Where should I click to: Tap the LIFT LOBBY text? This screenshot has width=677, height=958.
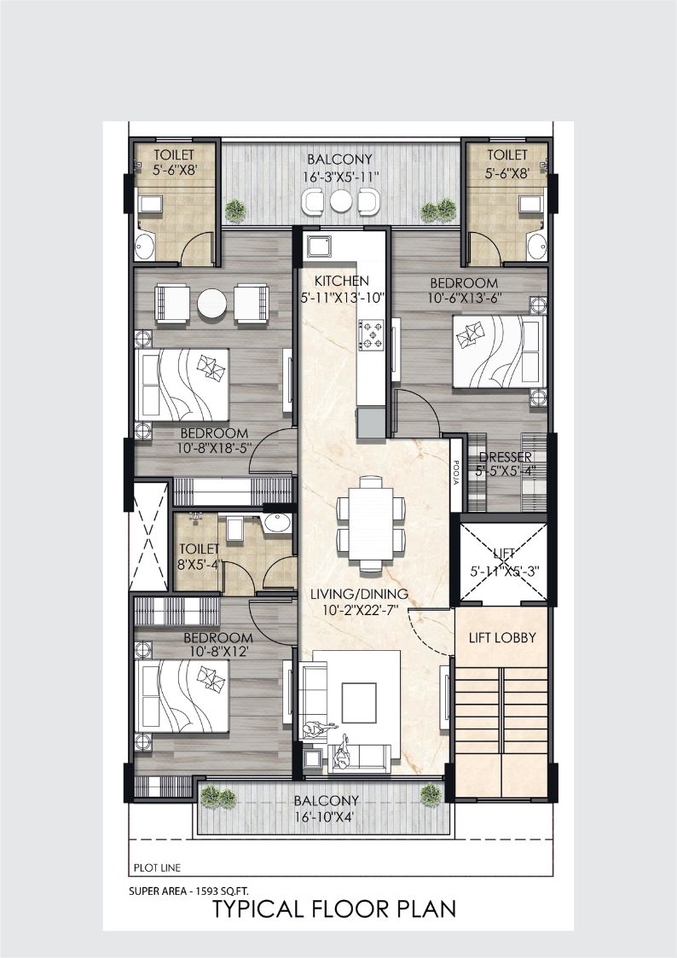point(502,638)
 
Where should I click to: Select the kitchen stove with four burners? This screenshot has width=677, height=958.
point(371,336)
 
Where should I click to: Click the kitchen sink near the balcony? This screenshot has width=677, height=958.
point(319,247)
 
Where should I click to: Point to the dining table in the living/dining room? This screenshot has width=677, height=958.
point(371,523)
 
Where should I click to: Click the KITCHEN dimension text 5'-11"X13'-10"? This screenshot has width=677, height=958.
point(343,299)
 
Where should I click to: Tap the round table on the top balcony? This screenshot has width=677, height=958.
point(341,201)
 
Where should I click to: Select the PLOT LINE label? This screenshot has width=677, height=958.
point(157,868)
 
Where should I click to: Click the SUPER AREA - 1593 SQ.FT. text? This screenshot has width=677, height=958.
point(188,891)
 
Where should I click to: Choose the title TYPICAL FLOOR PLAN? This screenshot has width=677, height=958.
point(334,909)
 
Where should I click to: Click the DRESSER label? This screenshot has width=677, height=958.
point(506,457)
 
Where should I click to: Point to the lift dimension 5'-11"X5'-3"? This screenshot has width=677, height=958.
point(505,572)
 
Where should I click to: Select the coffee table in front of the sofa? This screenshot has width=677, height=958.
point(359,702)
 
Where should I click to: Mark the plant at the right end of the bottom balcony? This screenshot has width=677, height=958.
point(431,794)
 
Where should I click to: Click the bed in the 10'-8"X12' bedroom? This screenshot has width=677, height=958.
point(182,696)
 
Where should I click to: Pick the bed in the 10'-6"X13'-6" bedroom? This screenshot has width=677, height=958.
point(500,351)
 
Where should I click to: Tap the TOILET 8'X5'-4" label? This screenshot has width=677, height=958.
point(198,556)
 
